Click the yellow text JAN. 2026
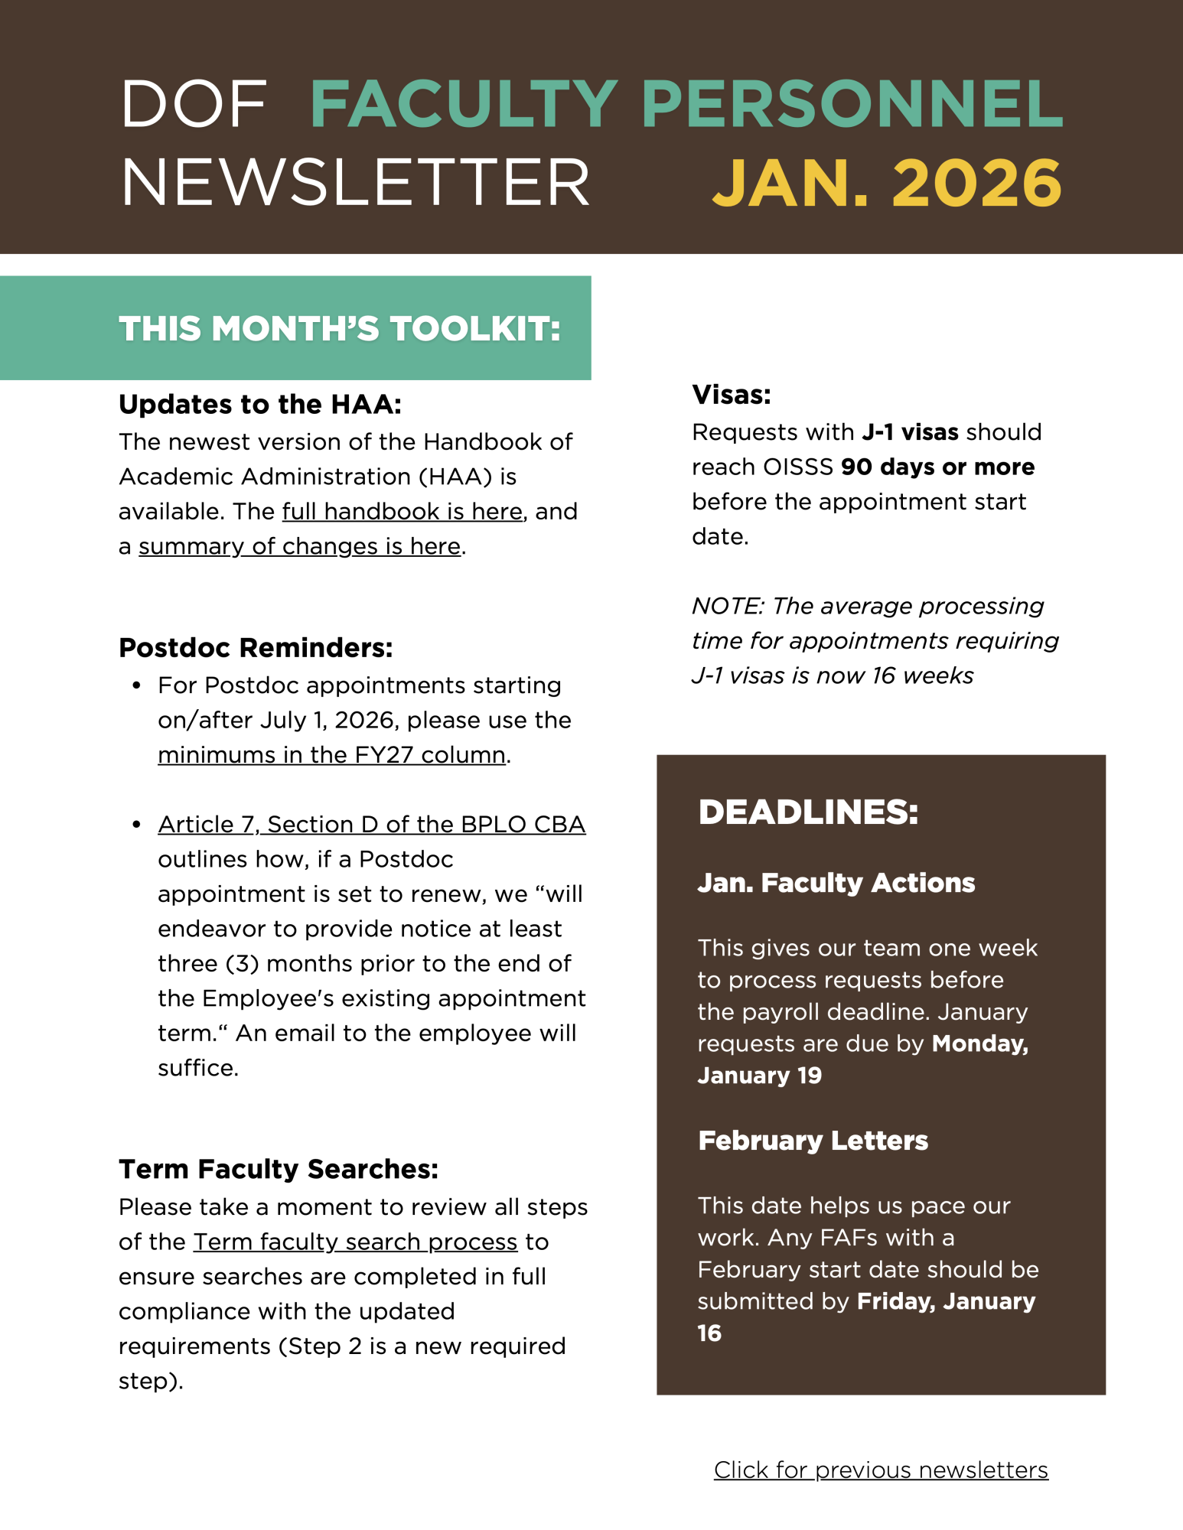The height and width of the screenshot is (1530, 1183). [x=886, y=184]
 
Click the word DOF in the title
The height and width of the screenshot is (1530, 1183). [x=194, y=104]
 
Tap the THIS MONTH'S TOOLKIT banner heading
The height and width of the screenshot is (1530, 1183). [x=340, y=329]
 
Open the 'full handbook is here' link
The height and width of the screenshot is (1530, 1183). [x=402, y=511]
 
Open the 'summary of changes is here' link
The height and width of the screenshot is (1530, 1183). [x=299, y=546]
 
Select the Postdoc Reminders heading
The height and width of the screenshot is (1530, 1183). [x=256, y=648]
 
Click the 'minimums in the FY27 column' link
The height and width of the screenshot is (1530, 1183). [x=331, y=755]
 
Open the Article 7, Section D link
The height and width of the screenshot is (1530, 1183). [x=371, y=825]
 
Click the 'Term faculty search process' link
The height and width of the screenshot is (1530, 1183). [x=355, y=1242]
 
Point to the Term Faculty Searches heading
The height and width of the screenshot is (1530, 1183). [x=279, y=1169]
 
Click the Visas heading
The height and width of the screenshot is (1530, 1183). [x=731, y=395]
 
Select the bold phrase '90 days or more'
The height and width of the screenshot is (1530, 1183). [x=937, y=467]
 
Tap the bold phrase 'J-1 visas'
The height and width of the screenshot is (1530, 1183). [x=910, y=432]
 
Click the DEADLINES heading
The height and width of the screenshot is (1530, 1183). [x=808, y=812]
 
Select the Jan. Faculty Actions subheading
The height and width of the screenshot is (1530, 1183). [x=836, y=883]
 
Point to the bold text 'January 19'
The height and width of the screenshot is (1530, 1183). [x=759, y=1076]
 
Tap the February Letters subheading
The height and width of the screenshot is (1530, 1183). [x=813, y=1141]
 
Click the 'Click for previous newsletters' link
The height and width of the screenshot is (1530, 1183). [x=881, y=1470]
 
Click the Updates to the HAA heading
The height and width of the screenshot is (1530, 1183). [x=260, y=404]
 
